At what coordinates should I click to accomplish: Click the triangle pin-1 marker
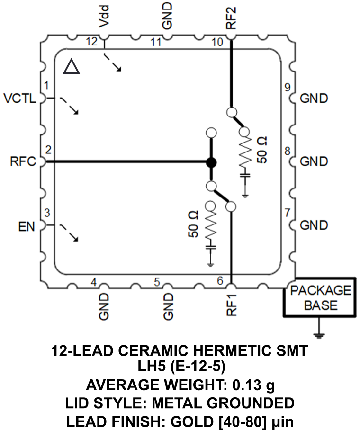72,68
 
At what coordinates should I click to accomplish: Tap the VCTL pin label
19,99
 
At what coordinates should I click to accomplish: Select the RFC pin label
22,161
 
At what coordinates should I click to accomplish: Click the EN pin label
27,227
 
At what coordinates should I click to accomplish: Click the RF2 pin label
231,17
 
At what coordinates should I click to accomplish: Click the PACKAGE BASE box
321,297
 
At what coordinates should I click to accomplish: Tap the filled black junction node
211,162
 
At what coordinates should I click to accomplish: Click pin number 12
92,42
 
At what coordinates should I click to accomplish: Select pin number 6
220,280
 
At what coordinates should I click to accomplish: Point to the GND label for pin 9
314,99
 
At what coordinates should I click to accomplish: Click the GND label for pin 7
314,224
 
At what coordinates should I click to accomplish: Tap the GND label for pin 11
167,17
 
